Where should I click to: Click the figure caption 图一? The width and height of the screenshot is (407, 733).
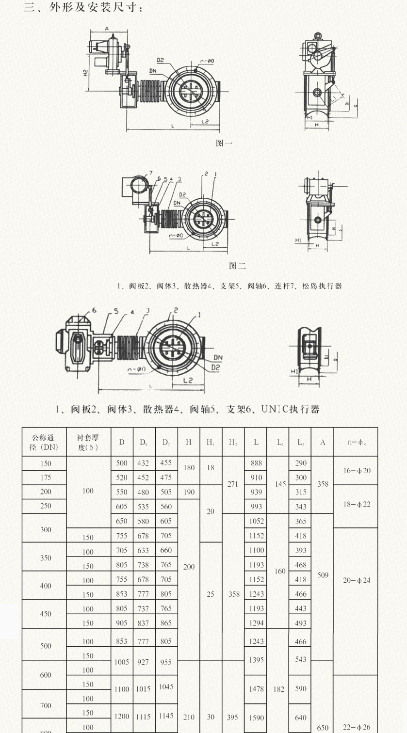point(224,143)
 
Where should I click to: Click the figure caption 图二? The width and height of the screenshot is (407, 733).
point(237,266)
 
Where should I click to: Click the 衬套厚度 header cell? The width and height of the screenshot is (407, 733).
point(88,442)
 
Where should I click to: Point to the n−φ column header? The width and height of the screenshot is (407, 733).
point(356,442)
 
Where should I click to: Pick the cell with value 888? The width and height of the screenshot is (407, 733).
point(256,463)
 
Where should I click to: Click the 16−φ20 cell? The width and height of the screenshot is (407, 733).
point(356,470)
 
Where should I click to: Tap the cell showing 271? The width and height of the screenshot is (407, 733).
point(233,484)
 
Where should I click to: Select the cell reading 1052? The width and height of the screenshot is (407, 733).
point(256,521)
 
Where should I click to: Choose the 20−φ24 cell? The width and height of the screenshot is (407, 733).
point(356,580)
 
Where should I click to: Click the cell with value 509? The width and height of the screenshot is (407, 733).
point(323,575)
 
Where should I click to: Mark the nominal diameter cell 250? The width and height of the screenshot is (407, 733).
point(46,506)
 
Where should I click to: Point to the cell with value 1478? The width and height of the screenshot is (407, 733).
point(256,688)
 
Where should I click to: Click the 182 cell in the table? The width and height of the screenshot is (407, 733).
point(279,688)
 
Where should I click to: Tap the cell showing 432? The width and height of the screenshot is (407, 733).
point(144,463)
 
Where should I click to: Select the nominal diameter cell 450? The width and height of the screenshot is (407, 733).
point(46,614)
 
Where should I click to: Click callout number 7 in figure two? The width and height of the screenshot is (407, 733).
point(151,173)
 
